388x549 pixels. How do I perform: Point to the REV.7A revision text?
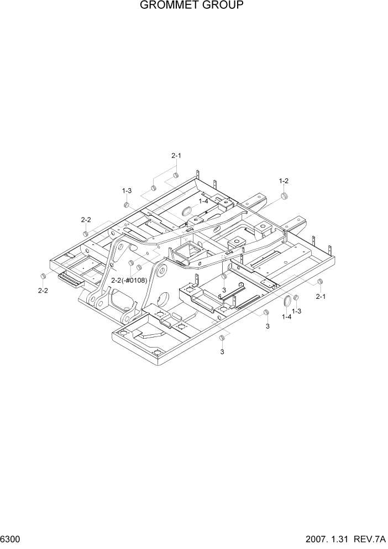371,539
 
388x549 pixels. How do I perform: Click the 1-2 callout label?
284,181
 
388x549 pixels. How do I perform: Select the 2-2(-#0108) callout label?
129,281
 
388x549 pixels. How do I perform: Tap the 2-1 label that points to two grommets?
176,156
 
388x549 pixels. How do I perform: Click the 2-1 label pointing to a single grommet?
321,297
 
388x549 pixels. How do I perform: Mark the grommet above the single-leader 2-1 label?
319,283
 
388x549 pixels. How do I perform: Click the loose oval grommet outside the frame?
286,301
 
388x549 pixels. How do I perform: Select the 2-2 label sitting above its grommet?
86,220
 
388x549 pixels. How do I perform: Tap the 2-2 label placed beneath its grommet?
43,291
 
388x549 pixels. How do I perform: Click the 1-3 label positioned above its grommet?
127,191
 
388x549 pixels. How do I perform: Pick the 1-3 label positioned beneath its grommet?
296,311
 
